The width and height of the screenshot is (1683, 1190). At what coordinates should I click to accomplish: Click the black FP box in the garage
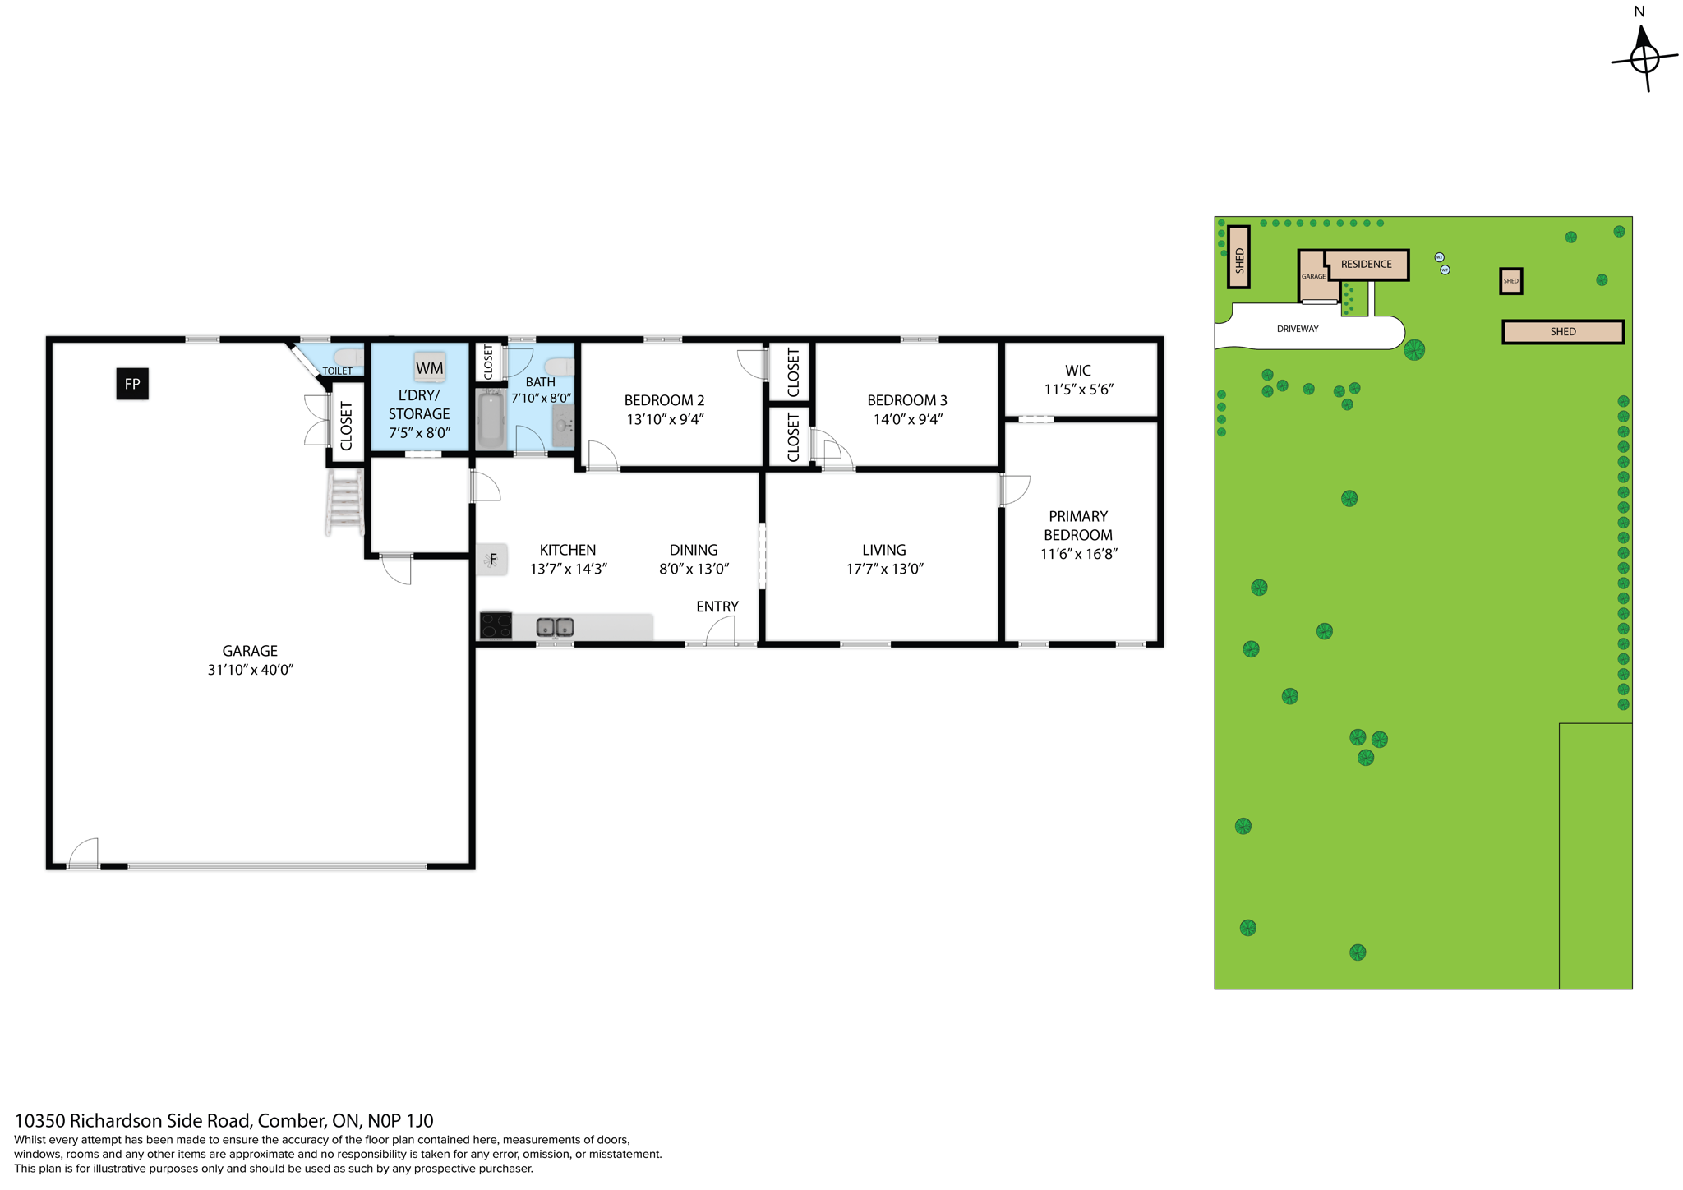coord(132,384)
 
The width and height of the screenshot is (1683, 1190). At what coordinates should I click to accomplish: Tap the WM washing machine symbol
coord(429,368)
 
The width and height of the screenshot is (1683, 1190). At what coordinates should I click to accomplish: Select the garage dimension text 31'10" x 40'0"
coord(251,670)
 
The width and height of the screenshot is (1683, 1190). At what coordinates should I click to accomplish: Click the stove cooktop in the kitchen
coord(496,625)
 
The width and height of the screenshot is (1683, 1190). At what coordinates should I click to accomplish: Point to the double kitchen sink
coord(555,628)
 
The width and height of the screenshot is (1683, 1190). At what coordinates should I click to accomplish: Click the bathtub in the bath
coord(490,418)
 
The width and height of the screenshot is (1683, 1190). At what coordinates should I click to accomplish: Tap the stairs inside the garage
coord(345,501)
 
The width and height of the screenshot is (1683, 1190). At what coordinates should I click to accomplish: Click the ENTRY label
coord(717,607)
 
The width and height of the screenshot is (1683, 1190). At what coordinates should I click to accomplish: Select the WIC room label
coord(1078,371)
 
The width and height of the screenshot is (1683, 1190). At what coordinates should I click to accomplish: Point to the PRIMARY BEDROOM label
coord(1078,526)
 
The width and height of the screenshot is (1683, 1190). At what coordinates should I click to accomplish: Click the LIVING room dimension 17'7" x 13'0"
coord(885,569)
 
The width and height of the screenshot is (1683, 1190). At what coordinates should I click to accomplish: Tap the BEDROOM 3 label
coord(907,400)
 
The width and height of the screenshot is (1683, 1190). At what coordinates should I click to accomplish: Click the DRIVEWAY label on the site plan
coord(1298,329)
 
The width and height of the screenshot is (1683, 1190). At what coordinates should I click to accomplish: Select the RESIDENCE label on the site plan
coord(1367,264)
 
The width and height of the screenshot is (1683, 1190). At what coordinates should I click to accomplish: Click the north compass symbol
coord(1644,58)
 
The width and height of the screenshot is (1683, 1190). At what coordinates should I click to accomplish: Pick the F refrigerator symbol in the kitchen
coord(493,560)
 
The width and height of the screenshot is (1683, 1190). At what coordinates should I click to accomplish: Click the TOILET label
coord(337,371)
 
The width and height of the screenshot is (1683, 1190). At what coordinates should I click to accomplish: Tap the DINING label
coord(694,550)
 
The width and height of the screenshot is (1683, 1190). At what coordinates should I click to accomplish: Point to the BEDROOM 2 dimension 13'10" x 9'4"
coord(665,419)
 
